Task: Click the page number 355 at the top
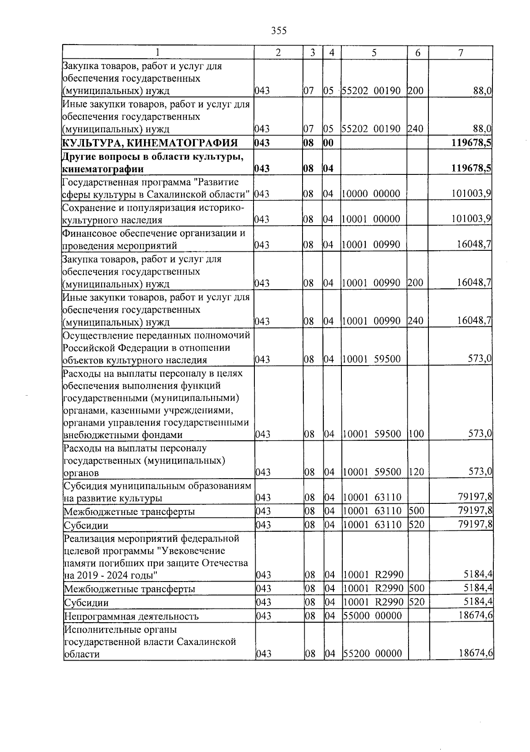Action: [x=279, y=30]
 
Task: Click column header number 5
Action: [x=374, y=53]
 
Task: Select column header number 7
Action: [x=461, y=53]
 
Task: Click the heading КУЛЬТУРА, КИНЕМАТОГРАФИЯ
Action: [x=150, y=143]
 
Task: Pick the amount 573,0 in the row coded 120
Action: [x=480, y=472]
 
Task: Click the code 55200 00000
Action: [x=373, y=654]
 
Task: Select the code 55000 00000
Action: [x=373, y=616]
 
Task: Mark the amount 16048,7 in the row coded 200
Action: [x=474, y=283]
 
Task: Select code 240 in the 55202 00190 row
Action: [x=416, y=129]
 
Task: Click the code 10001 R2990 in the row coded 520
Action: [x=374, y=602]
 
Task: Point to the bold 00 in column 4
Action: [x=329, y=143]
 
